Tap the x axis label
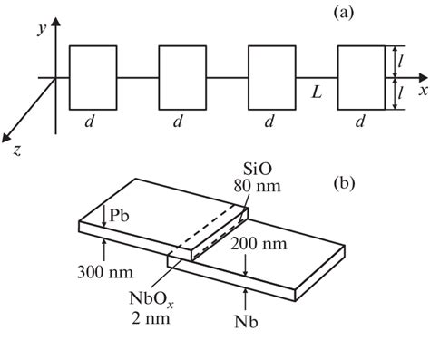coord(422,90)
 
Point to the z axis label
coord(16,151)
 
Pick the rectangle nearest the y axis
coord(93,77)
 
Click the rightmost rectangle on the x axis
coord(359,77)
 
